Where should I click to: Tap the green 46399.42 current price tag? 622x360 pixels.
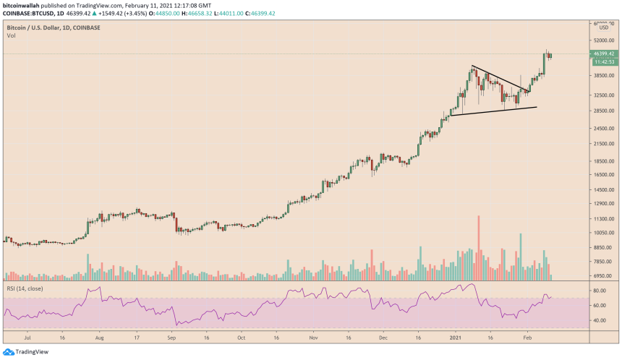click(x=602, y=53)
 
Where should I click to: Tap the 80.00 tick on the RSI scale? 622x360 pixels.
click(x=600, y=291)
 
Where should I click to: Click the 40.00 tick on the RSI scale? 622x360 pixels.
click(x=600, y=320)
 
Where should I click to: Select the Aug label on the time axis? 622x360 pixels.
click(x=99, y=337)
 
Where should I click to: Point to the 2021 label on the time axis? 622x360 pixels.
click(x=455, y=337)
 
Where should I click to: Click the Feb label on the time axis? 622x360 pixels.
click(x=527, y=337)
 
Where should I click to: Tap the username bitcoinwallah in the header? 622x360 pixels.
click(x=23, y=4)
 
